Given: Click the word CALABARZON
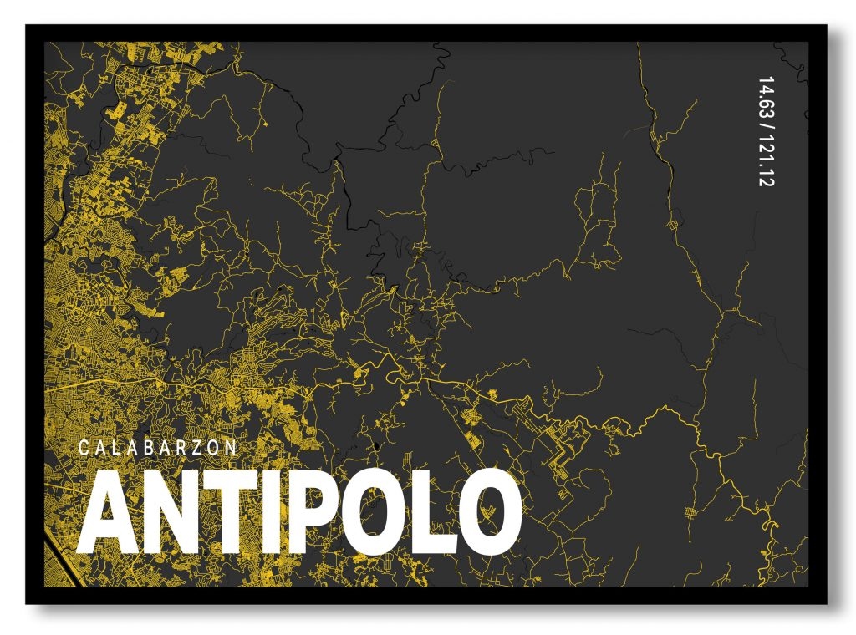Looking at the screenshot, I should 157,448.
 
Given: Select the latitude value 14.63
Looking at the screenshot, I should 764,99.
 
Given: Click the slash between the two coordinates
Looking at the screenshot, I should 764,128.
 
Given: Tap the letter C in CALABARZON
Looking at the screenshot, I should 83,448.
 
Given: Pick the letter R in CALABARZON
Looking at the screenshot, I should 186,448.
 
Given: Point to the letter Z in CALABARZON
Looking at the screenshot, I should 201,448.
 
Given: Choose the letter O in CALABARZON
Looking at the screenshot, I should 217,448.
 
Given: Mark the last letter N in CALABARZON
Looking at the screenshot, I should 232,448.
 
